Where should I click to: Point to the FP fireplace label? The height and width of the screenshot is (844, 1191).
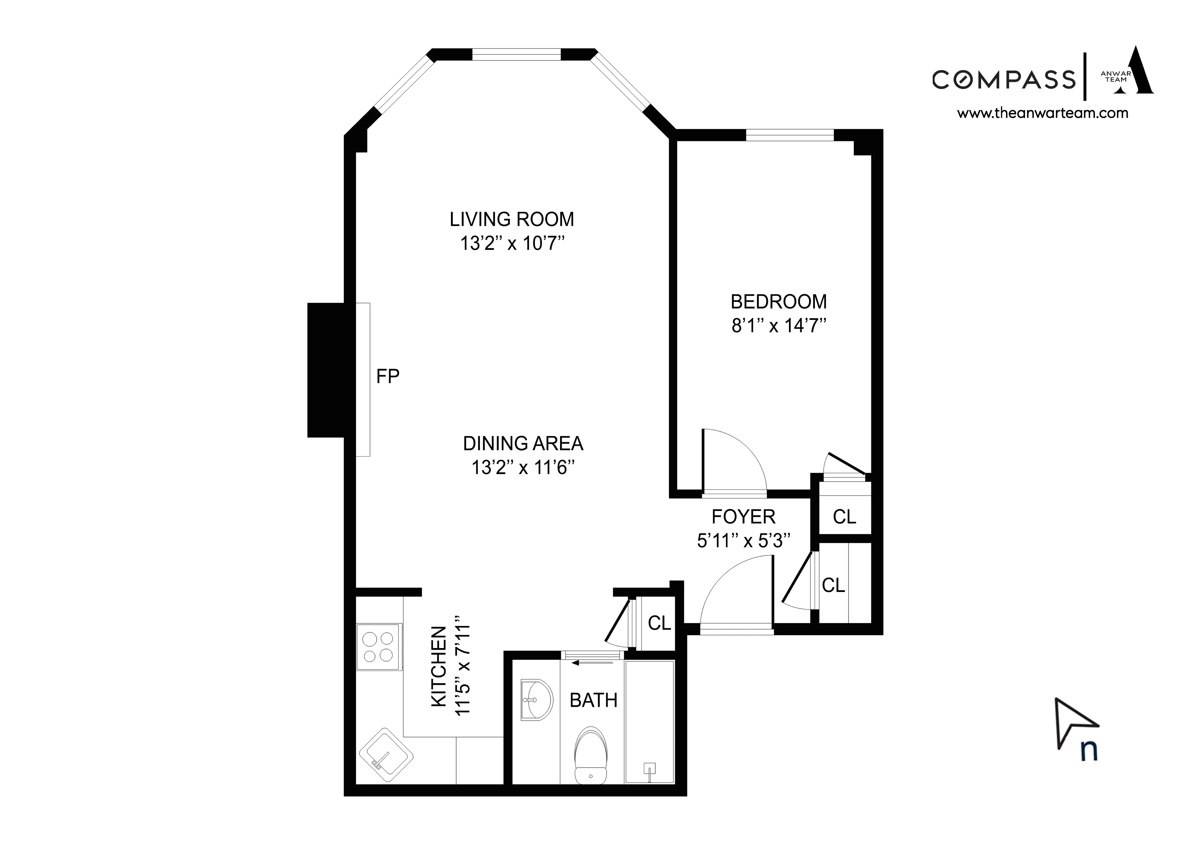coord(388,376)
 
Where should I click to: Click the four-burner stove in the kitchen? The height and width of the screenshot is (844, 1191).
coord(378,647)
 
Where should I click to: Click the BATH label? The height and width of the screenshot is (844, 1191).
coord(593,701)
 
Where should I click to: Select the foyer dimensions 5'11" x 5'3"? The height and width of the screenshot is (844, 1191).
coord(743,541)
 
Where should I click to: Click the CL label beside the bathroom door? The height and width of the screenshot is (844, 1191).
coord(659,622)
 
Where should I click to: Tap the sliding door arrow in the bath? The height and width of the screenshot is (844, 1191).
coord(592,663)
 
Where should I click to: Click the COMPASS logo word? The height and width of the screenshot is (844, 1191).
coord(1003,80)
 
